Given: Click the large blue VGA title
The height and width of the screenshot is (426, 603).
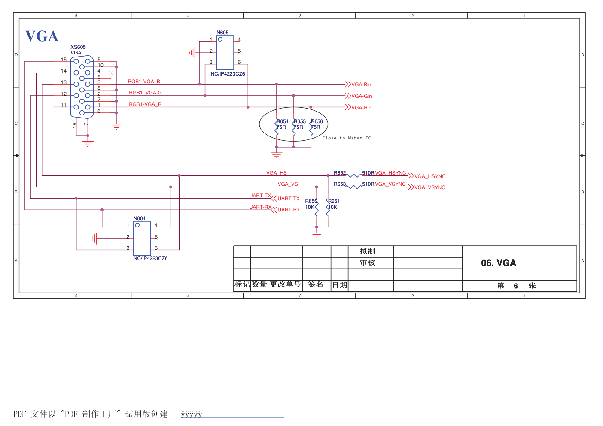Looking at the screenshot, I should [x=42, y=36].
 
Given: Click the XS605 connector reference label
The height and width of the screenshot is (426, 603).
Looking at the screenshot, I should [x=78, y=47].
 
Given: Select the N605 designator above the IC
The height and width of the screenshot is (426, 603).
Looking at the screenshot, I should [x=222, y=33].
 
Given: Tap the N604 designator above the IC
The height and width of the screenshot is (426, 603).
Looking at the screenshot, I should [x=140, y=218].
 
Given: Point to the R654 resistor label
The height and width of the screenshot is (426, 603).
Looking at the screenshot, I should [x=283, y=121].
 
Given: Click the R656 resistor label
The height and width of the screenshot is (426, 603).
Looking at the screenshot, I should [x=317, y=121].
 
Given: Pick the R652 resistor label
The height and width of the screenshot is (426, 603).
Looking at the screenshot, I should [x=340, y=173].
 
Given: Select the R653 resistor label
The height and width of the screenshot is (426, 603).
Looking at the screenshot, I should [x=340, y=184].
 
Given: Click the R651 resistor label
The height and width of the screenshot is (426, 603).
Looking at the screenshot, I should [x=334, y=201].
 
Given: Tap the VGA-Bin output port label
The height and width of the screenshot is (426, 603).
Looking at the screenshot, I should [x=361, y=85].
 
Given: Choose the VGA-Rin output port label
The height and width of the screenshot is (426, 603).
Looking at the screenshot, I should [x=361, y=108].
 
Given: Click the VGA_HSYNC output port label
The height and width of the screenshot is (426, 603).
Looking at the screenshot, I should [x=430, y=176].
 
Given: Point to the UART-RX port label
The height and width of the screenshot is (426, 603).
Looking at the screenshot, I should [x=289, y=210].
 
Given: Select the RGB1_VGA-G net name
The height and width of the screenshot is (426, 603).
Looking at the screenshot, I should [x=145, y=93].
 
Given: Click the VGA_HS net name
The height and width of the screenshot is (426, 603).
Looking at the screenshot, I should [x=276, y=173].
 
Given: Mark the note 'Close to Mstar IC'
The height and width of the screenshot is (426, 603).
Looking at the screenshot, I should [x=346, y=138].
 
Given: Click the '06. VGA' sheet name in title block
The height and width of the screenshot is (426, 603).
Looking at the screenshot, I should [x=498, y=263].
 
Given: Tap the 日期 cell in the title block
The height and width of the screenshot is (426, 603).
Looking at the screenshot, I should [x=339, y=285].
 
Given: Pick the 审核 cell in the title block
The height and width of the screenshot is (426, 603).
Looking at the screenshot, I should [x=367, y=263].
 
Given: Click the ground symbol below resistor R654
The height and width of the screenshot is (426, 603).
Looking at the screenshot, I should [x=277, y=154].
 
